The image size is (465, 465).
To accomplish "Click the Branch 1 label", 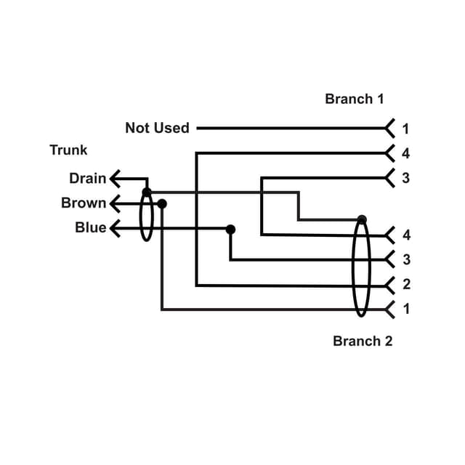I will coord(354,99).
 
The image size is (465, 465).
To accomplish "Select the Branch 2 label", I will coord(363,341).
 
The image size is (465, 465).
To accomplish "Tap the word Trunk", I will coord(68,150).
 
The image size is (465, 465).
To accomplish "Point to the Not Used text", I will coord(157,128).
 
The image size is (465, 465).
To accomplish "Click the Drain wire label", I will coord(87,178).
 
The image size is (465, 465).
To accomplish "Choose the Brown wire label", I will coord(84,203).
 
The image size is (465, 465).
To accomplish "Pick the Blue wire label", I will coord(91,227).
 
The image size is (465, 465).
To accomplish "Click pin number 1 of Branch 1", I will coord(405,129).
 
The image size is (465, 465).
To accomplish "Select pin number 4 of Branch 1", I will coord(405,153).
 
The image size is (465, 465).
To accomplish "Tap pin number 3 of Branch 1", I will coord(405,178).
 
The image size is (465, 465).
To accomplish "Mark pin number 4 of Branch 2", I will coord(406,235).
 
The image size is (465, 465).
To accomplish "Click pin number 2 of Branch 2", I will coord(406,284).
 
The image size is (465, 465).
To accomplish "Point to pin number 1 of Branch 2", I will coord(406,309).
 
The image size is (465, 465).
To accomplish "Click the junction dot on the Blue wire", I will coord(230,229).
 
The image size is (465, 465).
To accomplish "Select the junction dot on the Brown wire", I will coord(162,203).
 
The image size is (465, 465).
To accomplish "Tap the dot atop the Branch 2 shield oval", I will coord(362,219).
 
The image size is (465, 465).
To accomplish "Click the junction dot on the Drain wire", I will coord(147,192).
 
